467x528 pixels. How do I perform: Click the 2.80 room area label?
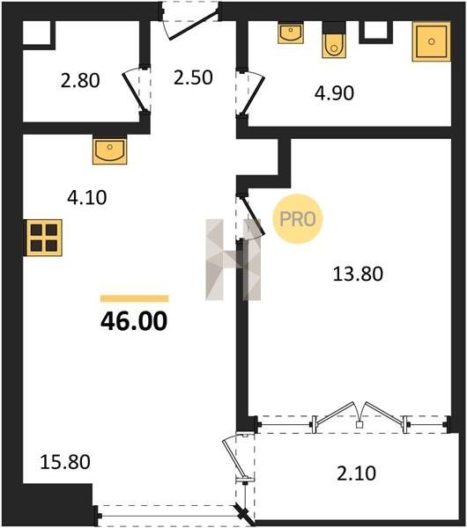click(80, 81)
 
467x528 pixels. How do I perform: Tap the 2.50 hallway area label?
click(193, 77)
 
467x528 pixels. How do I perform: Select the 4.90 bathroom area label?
click(334, 93)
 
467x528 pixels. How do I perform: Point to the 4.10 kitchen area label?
click(87, 198)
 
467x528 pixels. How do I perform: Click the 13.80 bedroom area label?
click(358, 274)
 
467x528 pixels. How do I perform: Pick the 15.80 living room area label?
click(65, 462)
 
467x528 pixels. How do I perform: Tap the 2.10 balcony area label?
click(356, 473)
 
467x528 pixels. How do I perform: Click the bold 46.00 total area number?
click(134, 321)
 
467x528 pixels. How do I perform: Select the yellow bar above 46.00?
click(135, 298)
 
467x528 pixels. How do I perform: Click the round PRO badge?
click(298, 219)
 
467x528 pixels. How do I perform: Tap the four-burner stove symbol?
click(43, 238)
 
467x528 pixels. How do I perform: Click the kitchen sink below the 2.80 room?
click(109, 150)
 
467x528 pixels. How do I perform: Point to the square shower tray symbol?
click(431, 41)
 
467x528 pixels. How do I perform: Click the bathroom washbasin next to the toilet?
click(291, 33)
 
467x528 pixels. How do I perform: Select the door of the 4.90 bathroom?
click(253, 93)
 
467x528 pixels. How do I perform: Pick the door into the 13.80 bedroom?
click(251, 217)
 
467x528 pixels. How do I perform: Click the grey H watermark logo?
click(233, 260)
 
